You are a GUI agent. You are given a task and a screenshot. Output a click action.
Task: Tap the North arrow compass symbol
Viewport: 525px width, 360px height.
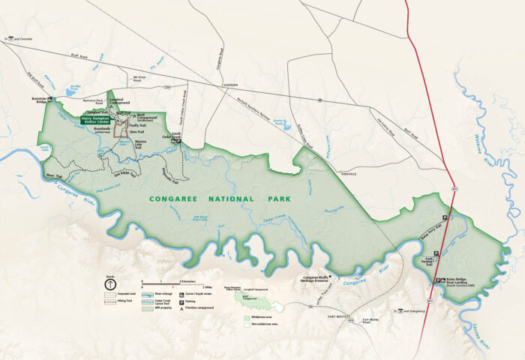(x=109, y=285)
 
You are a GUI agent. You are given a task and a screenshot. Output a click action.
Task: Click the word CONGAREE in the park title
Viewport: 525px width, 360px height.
(x=178, y=199)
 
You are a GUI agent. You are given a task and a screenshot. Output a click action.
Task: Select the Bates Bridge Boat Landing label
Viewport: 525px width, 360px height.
(x=462, y=283)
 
